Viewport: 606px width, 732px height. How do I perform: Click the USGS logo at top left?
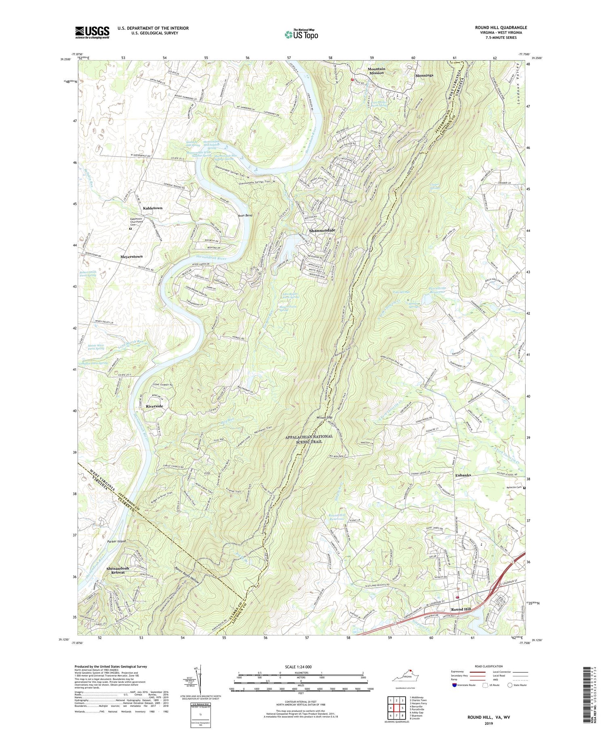[92, 32]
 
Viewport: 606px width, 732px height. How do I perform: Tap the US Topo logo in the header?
[301, 34]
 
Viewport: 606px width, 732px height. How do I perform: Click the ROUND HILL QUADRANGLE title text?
[501, 27]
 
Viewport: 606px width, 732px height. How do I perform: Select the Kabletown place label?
[152, 208]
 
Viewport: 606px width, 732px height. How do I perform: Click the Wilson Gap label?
[324, 417]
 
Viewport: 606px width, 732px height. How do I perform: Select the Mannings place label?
[424, 75]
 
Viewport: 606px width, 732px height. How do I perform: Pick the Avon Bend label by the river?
[244, 216]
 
